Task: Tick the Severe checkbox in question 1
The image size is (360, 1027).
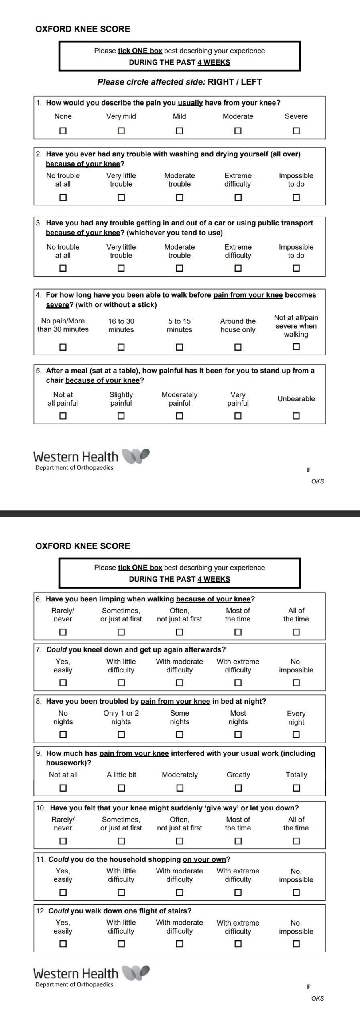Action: point(296,131)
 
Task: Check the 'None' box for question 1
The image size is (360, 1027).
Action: point(63,131)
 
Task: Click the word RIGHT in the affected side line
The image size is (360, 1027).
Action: point(221,82)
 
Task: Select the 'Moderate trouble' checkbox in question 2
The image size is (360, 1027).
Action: point(179,197)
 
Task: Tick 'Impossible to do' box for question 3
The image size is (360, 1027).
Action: point(296,268)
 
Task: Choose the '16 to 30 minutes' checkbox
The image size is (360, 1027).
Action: point(121,347)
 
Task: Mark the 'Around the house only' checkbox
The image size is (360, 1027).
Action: point(238,347)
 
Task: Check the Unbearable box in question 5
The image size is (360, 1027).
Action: point(296,416)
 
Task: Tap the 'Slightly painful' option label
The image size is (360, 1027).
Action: point(121,399)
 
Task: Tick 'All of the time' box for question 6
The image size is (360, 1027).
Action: point(296,632)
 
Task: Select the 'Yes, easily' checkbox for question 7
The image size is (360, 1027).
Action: point(63,682)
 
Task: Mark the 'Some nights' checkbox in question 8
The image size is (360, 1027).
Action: point(179,734)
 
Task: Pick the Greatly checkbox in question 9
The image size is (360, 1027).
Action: point(238,788)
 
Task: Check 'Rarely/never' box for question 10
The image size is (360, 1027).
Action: point(63,841)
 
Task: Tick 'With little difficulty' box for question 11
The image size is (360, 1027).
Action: point(121,893)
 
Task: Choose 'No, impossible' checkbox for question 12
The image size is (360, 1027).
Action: point(296,944)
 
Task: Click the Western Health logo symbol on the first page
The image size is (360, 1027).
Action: point(136,456)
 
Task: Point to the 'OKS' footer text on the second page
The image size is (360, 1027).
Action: point(317,998)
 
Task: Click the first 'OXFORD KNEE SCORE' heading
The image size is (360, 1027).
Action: point(83,29)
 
